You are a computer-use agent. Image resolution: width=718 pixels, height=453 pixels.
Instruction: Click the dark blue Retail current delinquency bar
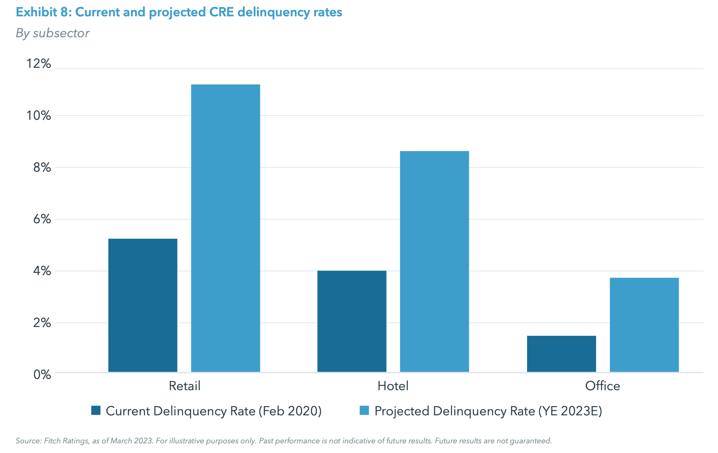pyautogui.click(x=143, y=305)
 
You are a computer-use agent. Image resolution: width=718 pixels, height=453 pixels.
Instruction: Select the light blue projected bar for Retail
pyautogui.click(x=226, y=228)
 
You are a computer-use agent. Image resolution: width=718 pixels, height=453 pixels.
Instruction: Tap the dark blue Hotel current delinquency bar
pyautogui.click(x=352, y=321)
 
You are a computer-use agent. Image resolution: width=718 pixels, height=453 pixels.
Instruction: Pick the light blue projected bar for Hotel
pyautogui.click(x=435, y=261)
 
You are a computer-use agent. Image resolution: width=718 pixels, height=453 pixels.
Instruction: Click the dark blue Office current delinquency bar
pyautogui.click(x=561, y=354)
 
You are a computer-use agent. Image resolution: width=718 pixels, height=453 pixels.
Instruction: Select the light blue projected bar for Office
pyautogui.click(x=644, y=325)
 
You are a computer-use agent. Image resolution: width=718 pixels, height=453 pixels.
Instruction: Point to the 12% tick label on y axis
pyautogui.click(x=39, y=64)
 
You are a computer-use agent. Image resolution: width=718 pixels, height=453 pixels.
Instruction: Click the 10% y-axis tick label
pyautogui.click(x=39, y=116)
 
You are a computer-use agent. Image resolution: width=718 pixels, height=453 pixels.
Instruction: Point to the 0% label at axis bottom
pyautogui.click(x=42, y=374)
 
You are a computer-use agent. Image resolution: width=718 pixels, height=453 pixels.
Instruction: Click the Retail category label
pyautogui.click(x=185, y=386)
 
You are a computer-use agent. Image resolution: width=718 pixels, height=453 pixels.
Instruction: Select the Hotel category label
pyautogui.click(x=393, y=386)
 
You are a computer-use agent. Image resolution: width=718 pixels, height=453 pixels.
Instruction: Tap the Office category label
pyautogui.click(x=602, y=386)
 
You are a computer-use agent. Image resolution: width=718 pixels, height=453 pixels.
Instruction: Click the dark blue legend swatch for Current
pyautogui.click(x=96, y=410)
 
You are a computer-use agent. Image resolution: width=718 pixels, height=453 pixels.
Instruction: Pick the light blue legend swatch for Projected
pyautogui.click(x=364, y=410)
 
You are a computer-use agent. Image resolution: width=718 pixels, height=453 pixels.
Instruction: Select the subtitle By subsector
pyautogui.click(x=53, y=33)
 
